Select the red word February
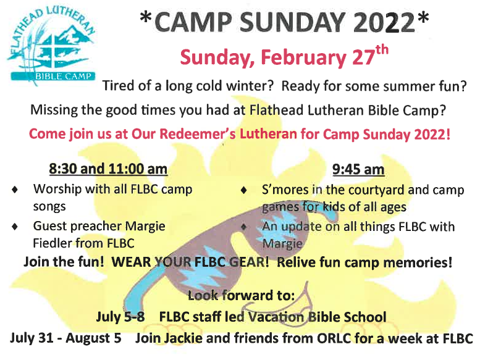point(303,57)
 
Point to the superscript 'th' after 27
point(382,50)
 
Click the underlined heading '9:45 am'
point(358,169)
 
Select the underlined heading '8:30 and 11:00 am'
point(108,169)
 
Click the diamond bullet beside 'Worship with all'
point(15,190)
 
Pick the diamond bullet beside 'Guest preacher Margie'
point(15,227)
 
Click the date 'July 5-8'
point(120,317)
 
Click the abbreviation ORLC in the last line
point(334,338)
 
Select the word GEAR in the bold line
point(249,262)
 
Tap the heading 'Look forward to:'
point(241,295)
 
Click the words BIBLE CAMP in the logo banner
point(64,76)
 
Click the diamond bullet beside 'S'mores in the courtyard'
point(243,190)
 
